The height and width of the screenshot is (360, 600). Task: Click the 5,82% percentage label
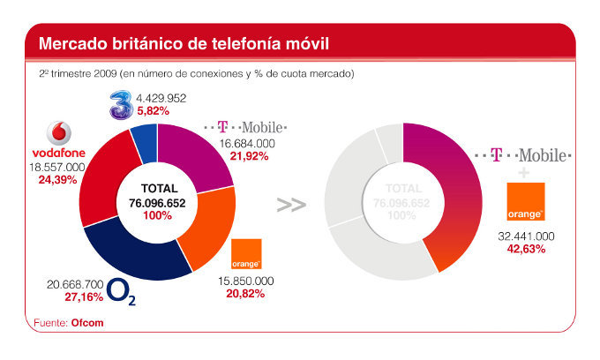(x=181, y=112)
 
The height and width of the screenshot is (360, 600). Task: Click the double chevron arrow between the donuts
(x=291, y=205)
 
